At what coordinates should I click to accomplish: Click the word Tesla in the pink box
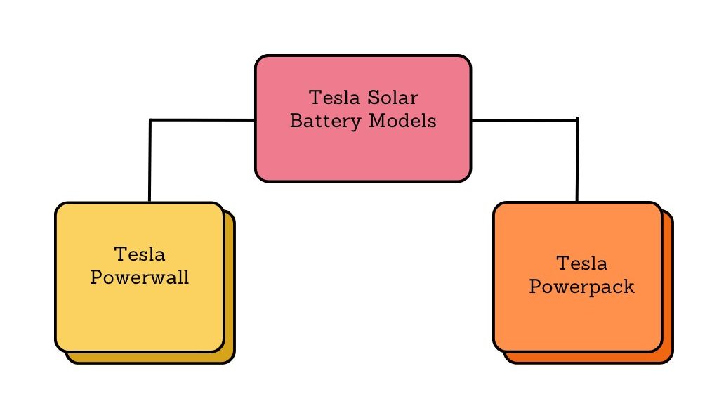334,96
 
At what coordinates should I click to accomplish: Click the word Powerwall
140,277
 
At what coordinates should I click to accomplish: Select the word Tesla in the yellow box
139,254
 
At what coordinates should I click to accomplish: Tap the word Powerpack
581,287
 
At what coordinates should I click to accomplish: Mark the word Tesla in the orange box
581,263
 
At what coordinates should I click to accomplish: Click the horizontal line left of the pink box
204,120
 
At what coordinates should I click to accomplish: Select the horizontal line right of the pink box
523,121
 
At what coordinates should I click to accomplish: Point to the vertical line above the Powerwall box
150,162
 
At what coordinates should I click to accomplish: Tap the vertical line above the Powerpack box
577,162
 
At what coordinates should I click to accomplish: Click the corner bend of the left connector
150,121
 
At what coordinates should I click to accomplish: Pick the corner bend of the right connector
577,121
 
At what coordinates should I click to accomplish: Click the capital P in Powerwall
97,277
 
